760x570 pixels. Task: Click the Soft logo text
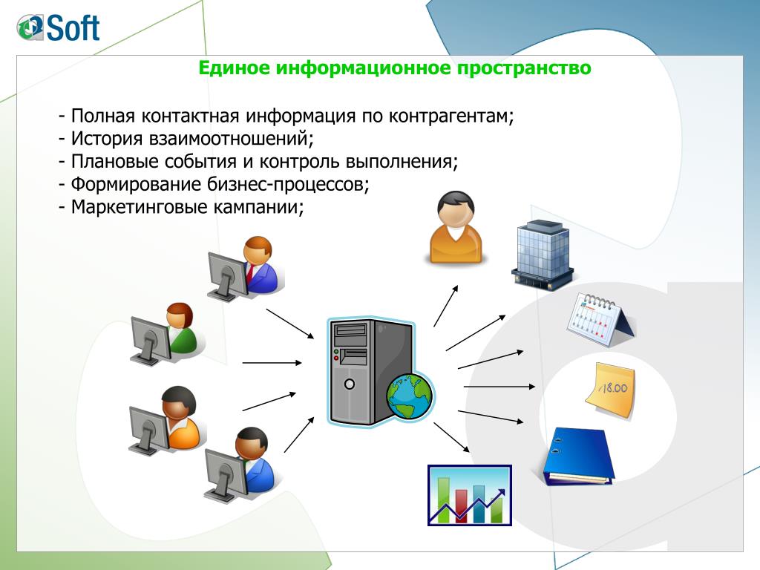(x=73, y=27)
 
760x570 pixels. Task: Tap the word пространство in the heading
(x=524, y=68)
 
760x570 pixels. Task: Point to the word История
(x=107, y=139)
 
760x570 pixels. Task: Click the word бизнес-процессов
(x=288, y=185)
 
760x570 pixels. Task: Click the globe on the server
(x=410, y=396)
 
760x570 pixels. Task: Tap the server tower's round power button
(x=349, y=384)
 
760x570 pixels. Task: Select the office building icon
(x=542, y=255)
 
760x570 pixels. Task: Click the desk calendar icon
(x=600, y=318)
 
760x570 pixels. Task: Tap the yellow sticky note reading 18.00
(x=610, y=390)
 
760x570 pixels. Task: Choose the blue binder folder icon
(x=577, y=456)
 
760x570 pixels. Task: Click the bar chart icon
(x=470, y=495)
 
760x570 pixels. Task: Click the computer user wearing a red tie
(x=246, y=266)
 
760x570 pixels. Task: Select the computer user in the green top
(x=166, y=334)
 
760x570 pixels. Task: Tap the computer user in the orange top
(x=166, y=420)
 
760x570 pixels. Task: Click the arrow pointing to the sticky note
(x=499, y=387)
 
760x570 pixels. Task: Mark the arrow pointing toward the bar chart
(x=451, y=437)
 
